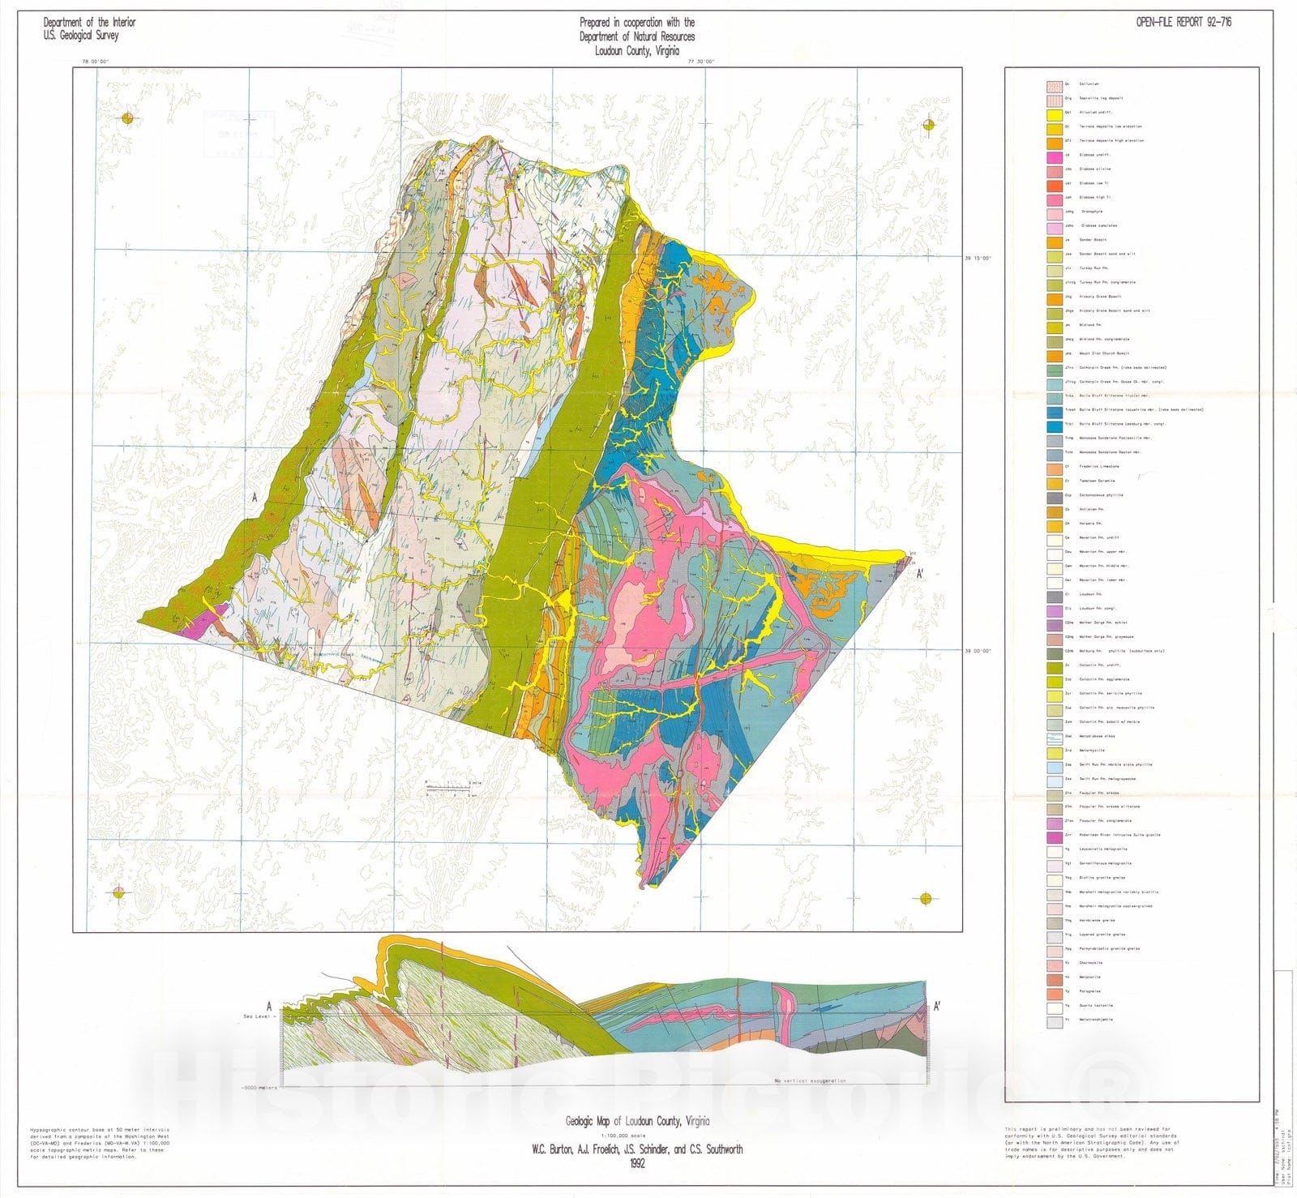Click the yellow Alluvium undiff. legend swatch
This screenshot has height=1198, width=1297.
point(1054,112)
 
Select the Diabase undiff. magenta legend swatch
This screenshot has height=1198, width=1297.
point(1054,155)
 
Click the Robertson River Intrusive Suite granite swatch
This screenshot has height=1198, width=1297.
point(1054,836)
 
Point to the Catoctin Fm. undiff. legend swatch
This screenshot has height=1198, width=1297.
point(1054,665)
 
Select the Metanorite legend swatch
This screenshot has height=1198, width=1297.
point(1054,978)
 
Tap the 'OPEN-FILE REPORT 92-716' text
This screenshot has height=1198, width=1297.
point(1184,22)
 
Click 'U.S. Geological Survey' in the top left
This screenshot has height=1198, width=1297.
point(81,36)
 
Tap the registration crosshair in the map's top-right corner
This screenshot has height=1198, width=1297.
point(929,125)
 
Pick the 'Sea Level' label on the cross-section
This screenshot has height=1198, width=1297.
point(257,1016)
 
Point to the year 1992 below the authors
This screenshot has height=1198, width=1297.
point(637,1163)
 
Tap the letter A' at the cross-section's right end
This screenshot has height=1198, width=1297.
point(937,1006)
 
